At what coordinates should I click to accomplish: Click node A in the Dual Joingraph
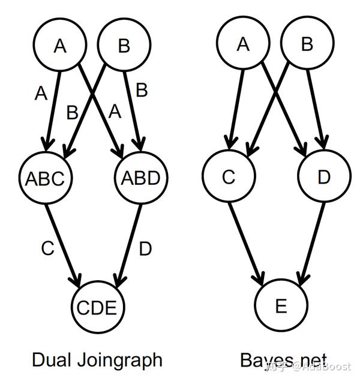pyautogui.click(x=59, y=47)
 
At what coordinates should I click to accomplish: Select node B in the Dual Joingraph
pyautogui.click(x=124, y=47)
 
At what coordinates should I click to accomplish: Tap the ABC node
pyautogui.click(x=45, y=178)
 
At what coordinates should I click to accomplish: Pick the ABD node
pyautogui.click(x=141, y=178)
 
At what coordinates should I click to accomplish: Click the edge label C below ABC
pyautogui.click(x=48, y=248)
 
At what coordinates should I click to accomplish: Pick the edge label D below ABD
pyautogui.click(x=145, y=248)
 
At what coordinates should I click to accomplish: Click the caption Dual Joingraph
pyautogui.click(x=97, y=359)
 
